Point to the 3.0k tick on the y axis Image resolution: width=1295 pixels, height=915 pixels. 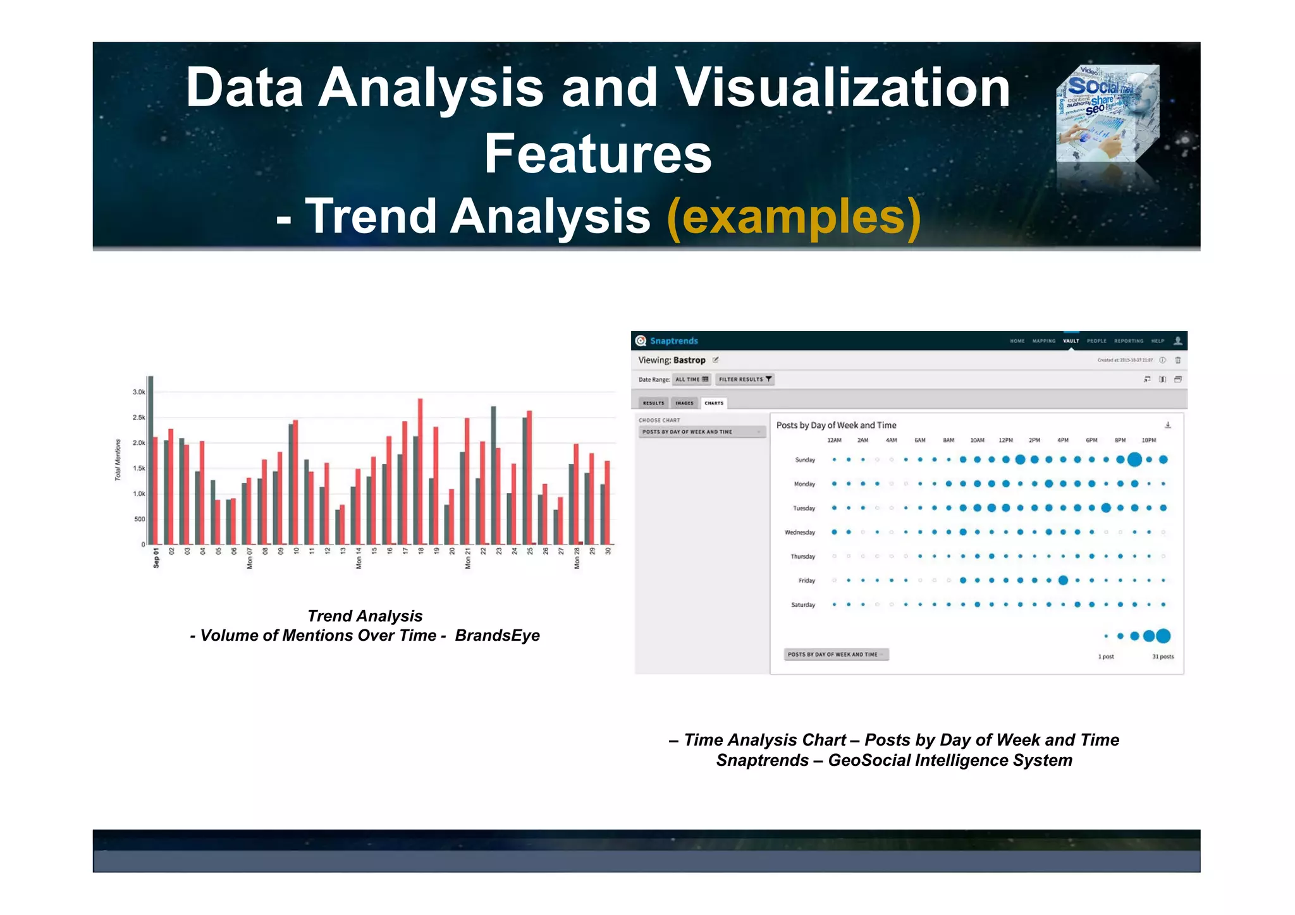tap(138, 392)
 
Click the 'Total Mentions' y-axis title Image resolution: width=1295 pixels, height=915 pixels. tap(118, 460)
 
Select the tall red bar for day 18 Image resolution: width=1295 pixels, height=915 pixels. tap(420, 471)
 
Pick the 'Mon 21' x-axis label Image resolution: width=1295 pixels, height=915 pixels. tap(468, 559)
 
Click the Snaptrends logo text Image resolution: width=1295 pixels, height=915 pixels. tap(673, 341)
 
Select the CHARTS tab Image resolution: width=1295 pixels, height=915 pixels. tap(713, 403)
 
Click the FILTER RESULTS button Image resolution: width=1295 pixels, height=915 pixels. tap(744, 379)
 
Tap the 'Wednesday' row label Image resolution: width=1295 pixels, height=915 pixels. tap(799, 533)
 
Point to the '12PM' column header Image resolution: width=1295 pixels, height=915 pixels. tap(1005, 440)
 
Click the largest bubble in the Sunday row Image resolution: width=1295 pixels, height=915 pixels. tap(1134, 459)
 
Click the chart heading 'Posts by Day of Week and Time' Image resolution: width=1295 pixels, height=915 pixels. tap(836, 425)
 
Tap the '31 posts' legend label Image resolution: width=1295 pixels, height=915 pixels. tap(1162, 657)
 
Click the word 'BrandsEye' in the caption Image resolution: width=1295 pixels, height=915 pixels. tap(497, 636)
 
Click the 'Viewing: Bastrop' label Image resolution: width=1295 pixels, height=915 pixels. tap(672, 360)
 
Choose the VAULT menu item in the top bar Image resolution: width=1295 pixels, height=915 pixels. tap(1071, 341)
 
